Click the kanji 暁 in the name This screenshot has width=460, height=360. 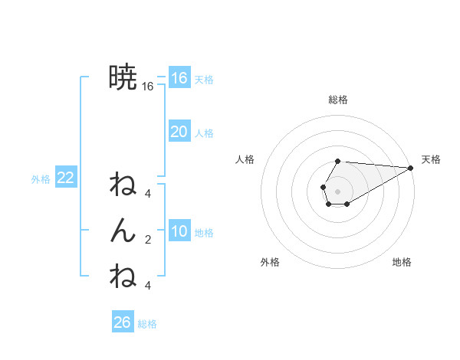pos(123,77)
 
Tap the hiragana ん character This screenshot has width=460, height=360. pos(123,231)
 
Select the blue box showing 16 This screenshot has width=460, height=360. pos(179,78)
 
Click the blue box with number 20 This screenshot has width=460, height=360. pos(179,132)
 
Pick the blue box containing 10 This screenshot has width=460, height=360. pos(179,231)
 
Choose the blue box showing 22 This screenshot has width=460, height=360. pos(65,178)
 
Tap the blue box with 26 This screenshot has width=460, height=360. pos(122,322)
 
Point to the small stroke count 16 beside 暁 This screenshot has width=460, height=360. pos(148,87)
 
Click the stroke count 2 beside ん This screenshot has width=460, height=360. pos(148,240)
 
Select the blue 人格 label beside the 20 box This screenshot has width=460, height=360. pos(204,133)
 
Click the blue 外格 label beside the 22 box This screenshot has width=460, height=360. pos(41,179)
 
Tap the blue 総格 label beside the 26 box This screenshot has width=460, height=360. pos(147,324)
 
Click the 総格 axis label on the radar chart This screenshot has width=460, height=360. pos(337,100)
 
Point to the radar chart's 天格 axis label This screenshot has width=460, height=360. pos(431,159)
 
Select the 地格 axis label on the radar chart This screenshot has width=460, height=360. pos(402,262)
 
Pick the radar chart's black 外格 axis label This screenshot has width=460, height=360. pos(270,262)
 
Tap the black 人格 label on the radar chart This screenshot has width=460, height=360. pos(245,159)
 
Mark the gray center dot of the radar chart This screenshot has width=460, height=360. pos(337,191)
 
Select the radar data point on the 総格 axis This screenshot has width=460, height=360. pos(337,161)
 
